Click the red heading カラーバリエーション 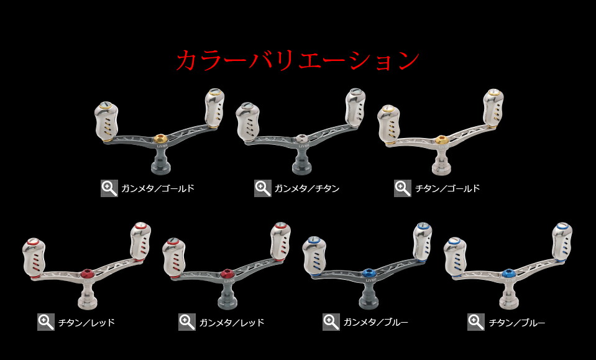tap(298, 60)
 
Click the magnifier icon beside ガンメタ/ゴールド tap(109, 188)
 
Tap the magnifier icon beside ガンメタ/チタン tap(262, 188)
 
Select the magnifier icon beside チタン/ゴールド tap(402, 188)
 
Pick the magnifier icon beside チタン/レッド tap(46, 322)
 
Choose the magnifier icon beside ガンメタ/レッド tap(187, 322)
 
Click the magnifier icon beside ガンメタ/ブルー tap(331, 322)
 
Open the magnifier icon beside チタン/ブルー tap(476, 322)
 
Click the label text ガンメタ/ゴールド tap(158, 188)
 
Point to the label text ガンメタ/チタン tap(306, 188)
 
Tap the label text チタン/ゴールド tap(447, 188)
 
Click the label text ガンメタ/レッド tap(232, 323)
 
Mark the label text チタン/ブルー tap(517, 323)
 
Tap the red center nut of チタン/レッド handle tap(87, 272)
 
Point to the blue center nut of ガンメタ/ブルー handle tap(369, 272)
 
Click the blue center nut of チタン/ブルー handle tap(509, 272)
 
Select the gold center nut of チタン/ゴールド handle tap(441, 139)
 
